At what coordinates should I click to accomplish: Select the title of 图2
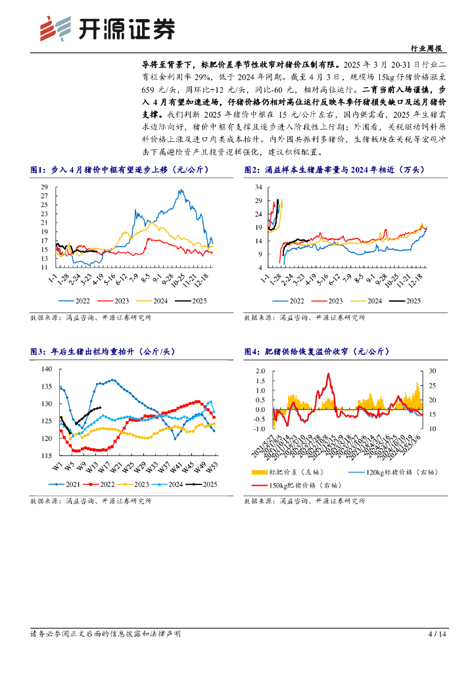click(x=335, y=170)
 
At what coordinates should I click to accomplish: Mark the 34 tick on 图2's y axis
click(x=258, y=187)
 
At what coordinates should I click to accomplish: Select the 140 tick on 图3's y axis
click(x=45, y=369)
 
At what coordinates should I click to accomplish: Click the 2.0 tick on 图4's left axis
click(x=260, y=371)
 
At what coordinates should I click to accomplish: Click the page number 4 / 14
click(x=437, y=634)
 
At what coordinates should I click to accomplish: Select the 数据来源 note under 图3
click(x=91, y=501)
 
